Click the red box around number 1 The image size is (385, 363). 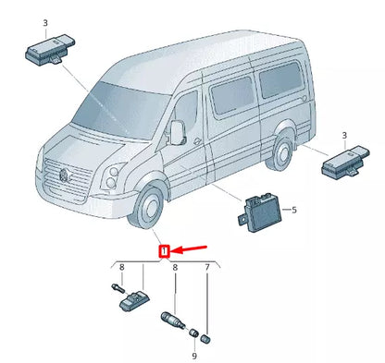(164, 250)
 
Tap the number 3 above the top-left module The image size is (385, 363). (47, 21)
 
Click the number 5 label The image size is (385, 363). (293, 211)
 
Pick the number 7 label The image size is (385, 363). (207, 268)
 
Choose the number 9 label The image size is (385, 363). (195, 356)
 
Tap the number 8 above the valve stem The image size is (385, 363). (175, 268)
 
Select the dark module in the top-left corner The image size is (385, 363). (47, 52)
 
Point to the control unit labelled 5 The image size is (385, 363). (258, 211)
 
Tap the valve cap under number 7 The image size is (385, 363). (207, 337)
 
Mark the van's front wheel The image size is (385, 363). (147, 210)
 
